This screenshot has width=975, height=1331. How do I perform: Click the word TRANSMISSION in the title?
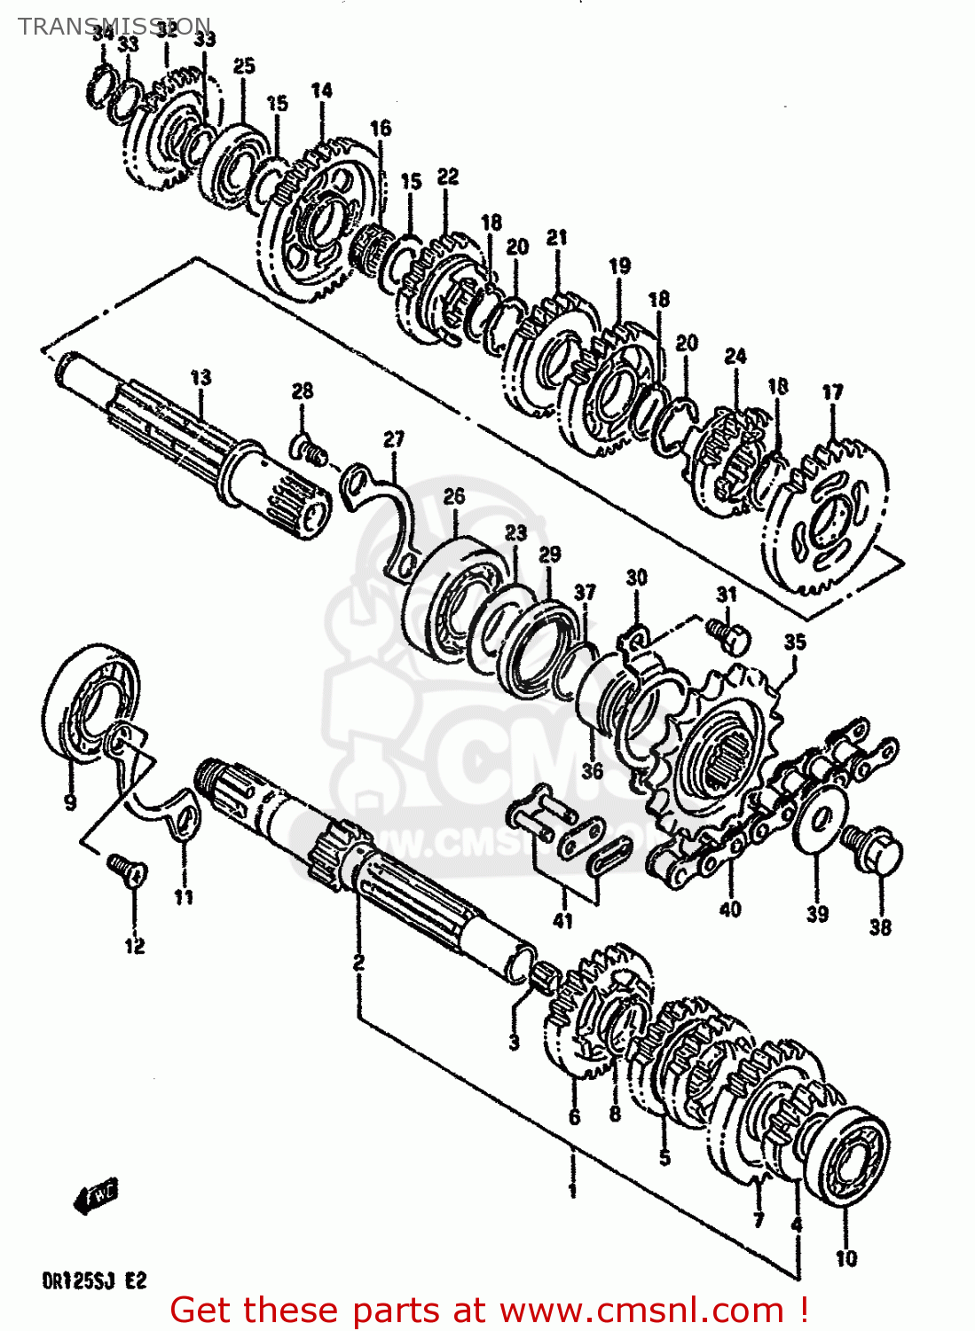pyautogui.click(x=114, y=26)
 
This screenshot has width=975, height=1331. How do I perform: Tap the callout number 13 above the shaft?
pyautogui.click(x=201, y=377)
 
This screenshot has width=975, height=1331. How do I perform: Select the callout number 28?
pyautogui.click(x=303, y=391)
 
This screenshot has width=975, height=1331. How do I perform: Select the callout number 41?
pyautogui.click(x=562, y=920)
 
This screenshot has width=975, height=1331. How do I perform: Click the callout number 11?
pyautogui.click(x=183, y=897)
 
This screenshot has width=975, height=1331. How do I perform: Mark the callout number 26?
pyautogui.click(x=453, y=496)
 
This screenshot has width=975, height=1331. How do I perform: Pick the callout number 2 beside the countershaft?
pyautogui.click(x=358, y=962)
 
